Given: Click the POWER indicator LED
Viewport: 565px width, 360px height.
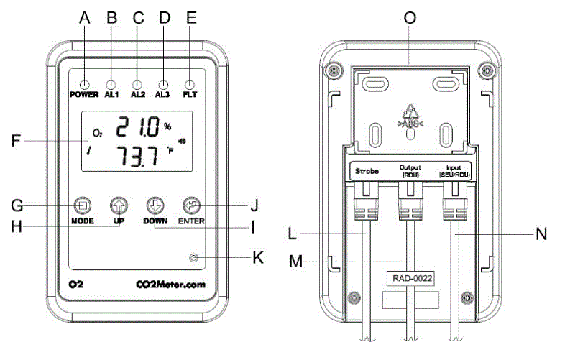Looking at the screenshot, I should coord(85,83).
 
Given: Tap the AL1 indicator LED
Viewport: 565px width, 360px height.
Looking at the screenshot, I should coord(111,83).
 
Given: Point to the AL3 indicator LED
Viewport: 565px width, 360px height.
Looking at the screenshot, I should coord(164,83).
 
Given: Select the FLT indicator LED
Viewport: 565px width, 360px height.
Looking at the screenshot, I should coord(190,83).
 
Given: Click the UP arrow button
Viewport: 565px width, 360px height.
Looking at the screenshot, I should coord(118,205).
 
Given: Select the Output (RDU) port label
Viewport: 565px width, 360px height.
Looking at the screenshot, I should coord(410,172).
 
